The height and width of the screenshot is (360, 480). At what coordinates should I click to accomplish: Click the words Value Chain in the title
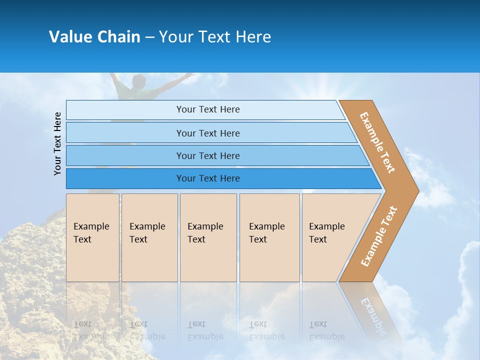pos(94,37)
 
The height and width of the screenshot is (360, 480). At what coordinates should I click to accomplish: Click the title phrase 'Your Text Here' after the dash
pos(215,37)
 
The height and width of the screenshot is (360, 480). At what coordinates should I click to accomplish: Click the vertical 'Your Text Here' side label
pos(57,143)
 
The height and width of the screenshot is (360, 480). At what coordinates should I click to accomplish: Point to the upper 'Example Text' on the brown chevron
pos(377,142)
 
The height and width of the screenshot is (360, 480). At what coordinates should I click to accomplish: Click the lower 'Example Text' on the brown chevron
pos(379,236)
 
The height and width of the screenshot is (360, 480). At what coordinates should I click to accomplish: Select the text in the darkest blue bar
pos(208,178)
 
